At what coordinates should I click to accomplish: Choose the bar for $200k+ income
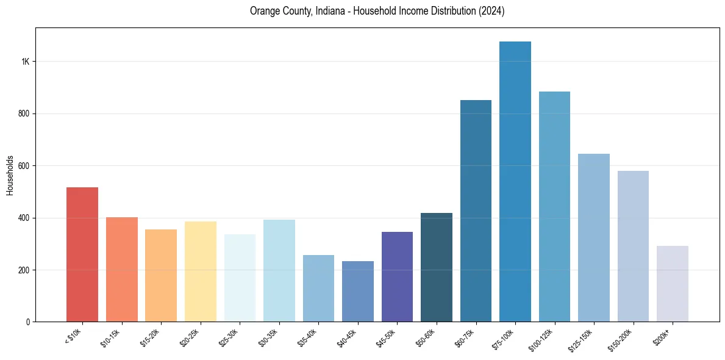tap(673, 284)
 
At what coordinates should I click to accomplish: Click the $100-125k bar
tap(554, 207)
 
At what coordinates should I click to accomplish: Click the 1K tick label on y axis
tap(25, 62)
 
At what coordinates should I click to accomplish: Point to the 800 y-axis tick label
tap(23, 113)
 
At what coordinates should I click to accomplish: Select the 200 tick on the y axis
tap(23, 270)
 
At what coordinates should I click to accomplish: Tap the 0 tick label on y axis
tap(28, 322)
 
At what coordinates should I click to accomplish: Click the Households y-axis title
tap(10, 175)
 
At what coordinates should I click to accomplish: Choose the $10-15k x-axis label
tap(110, 337)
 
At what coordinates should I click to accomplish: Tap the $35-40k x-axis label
tap(307, 337)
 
